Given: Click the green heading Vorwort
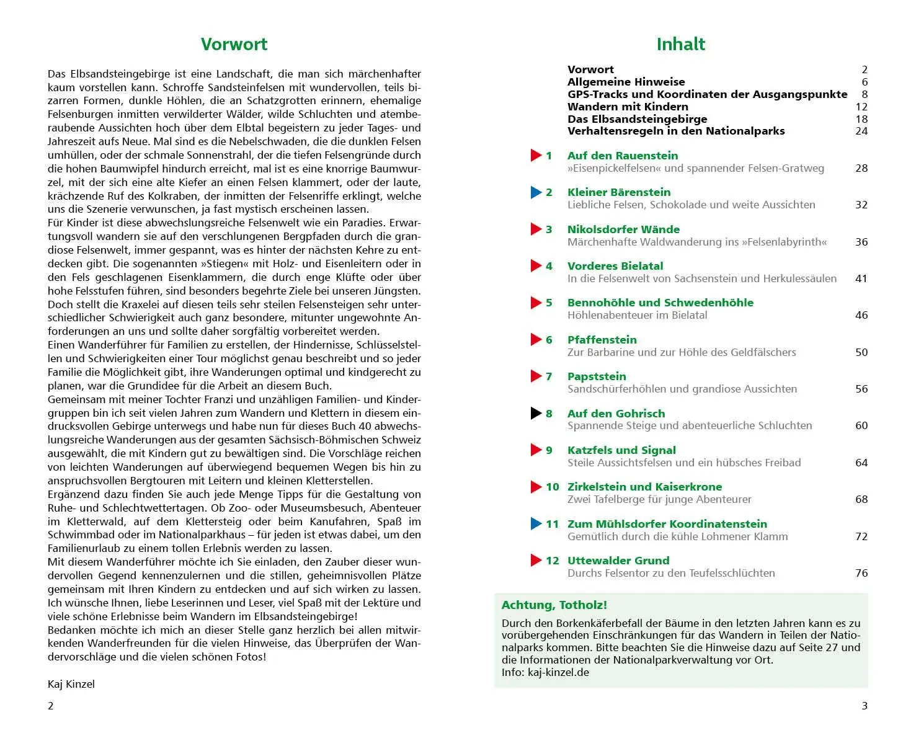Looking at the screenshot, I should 234,44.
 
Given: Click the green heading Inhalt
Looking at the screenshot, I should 680,44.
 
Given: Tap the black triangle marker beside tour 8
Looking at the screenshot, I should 536,413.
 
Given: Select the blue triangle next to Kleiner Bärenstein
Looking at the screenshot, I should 536,192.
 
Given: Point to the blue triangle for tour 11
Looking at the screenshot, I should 536,524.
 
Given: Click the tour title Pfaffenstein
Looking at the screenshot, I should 602,340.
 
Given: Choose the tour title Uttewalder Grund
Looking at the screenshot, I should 618,561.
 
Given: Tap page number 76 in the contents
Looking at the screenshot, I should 861,573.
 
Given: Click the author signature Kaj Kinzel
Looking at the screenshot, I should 71,684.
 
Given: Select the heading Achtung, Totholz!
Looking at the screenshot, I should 554,605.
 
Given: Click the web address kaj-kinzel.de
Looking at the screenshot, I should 558,672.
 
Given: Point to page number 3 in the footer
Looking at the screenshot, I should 864,706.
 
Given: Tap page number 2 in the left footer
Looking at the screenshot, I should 51,706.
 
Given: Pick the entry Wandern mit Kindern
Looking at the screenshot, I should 628,107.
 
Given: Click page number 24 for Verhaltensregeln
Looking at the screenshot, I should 861,131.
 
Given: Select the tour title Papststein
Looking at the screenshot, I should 597,376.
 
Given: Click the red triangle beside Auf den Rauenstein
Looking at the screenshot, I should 536,156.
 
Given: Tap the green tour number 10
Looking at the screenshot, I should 552,487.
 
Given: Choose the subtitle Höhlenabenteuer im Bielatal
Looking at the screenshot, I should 637,315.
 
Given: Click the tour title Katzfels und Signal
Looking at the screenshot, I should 621,450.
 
